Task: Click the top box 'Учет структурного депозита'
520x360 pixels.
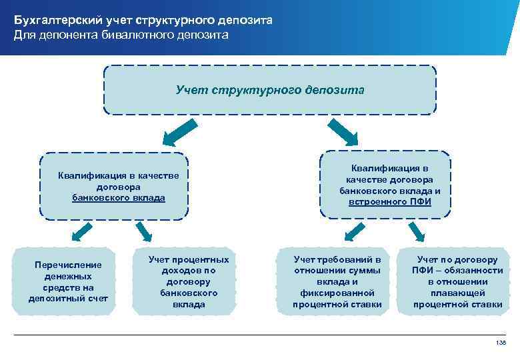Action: pyautogui.click(x=270, y=89)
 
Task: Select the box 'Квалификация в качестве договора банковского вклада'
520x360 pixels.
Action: pyautogui.click(x=114, y=187)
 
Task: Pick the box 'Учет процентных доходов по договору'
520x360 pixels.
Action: pyautogui.click(x=189, y=281)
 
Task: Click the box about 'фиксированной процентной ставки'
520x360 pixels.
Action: pyautogui.click(x=337, y=281)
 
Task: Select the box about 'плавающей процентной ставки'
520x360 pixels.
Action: pyautogui.click(x=457, y=281)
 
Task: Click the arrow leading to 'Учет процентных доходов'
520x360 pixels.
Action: pyautogui.click(x=145, y=231)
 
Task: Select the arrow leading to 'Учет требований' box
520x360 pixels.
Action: pyautogui.click(x=351, y=231)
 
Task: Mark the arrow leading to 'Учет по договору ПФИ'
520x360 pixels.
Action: pyautogui.click(x=417, y=231)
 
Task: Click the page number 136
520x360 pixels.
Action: pyautogui.click(x=501, y=342)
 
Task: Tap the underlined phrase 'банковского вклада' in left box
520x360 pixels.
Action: pyautogui.click(x=118, y=198)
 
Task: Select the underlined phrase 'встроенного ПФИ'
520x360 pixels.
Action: pyautogui.click(x=389, y=201)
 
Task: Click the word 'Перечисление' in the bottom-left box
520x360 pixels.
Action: pyautogui.click(x=68, y=265)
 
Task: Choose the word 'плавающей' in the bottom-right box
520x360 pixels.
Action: pyautogui.click(x=457, y=293)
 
